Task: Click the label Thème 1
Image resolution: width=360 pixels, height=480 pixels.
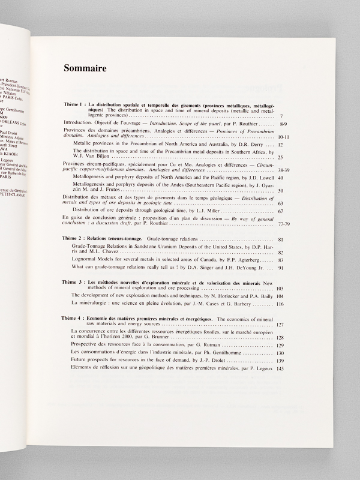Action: point(75,106)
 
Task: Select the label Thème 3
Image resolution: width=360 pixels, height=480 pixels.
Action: point(76,281)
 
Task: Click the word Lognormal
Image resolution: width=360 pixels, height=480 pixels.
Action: point(85,260)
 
